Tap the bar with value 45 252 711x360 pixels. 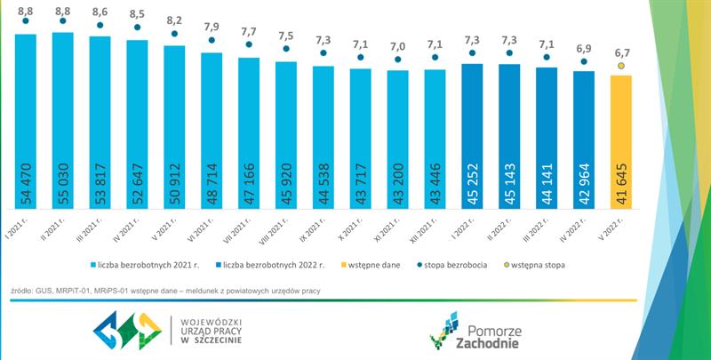pos(472,133)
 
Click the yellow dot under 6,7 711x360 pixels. pos(621,66)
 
